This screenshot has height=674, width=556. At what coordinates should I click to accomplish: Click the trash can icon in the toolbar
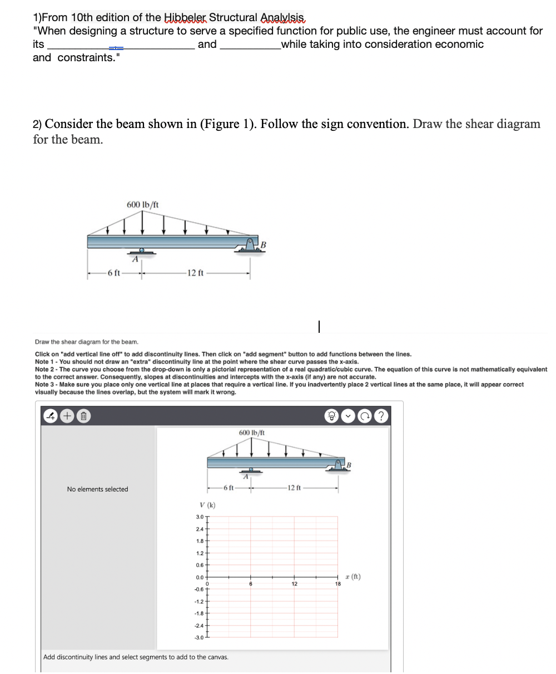[x=83, y=416]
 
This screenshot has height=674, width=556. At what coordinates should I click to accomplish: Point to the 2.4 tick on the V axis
[x=199, y=528]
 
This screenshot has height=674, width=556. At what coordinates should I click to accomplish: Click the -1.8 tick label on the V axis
[x=198, y=613]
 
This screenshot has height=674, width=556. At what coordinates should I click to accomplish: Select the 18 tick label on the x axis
[x=337, y=583]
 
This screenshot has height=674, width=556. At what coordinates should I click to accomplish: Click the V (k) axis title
[x=207, y=505]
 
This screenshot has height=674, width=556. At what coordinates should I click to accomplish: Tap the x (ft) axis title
[x=352, y=577]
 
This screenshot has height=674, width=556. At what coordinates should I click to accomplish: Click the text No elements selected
[x=97, y=489]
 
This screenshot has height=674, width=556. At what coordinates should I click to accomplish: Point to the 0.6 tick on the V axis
[x=199, y=564]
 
